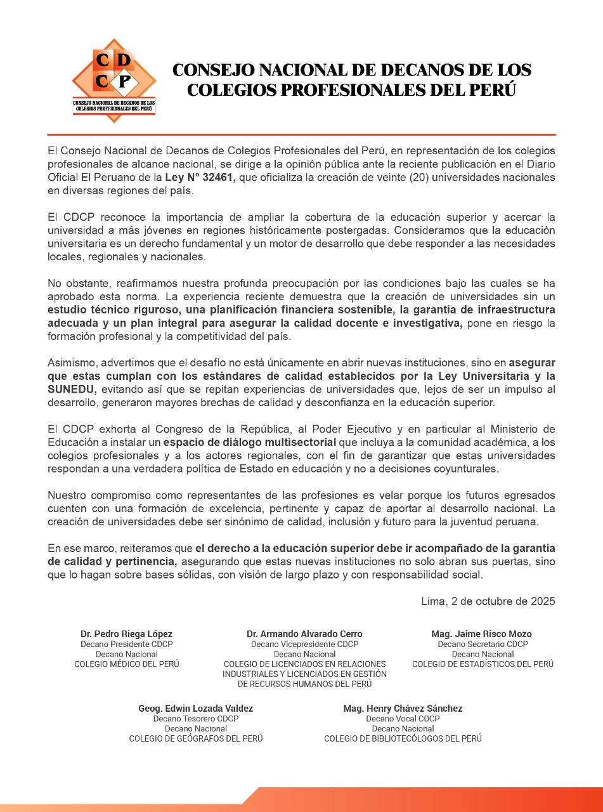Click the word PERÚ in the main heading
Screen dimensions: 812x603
[492, 89]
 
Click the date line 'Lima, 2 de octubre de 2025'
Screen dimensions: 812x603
[488, 601]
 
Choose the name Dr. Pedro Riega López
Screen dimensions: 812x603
[126, 634]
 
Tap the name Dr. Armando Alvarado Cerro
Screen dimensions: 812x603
[304, 634]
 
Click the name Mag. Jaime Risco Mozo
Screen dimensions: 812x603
[481, 634]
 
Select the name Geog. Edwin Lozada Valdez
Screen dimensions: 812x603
[195, 709]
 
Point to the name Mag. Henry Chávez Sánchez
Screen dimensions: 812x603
[403, 709]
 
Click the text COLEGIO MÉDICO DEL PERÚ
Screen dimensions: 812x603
[126, 664]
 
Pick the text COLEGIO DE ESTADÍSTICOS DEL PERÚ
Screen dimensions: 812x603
[483, 664]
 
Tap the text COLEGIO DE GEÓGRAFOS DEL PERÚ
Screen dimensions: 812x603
[195, 739]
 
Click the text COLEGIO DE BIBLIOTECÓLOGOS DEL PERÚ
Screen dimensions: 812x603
[403, 739]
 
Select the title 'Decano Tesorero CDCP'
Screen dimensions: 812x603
[195, 719]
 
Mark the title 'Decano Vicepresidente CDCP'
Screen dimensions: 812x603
[304, 644]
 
